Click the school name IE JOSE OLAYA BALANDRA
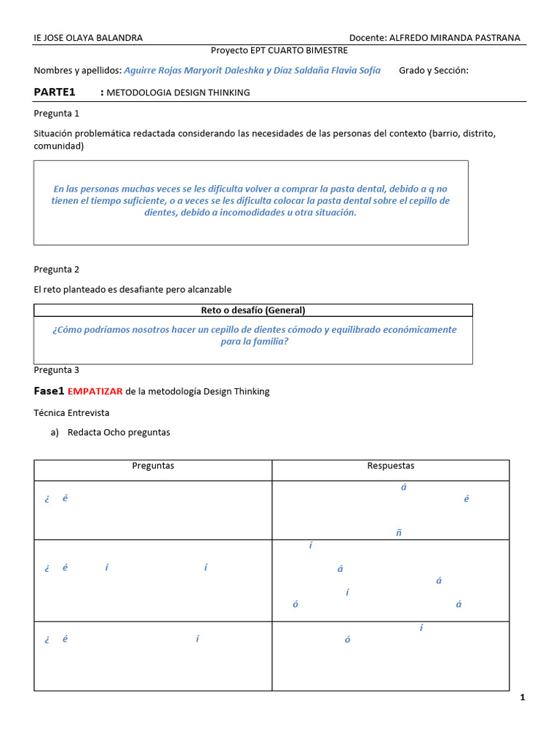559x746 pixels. click(88, 38)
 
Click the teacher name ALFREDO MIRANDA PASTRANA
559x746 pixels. click(455, 38)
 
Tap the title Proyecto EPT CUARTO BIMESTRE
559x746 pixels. click(279, 50)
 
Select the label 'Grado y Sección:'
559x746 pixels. click(434, 71)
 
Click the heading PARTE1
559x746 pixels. click(55, 92)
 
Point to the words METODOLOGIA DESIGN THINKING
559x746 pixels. click(178, 93)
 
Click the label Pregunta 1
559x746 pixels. click(57, 113)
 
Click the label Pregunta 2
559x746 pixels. click(57, 269)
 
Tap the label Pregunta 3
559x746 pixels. click(57, 369)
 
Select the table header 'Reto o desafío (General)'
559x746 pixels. click(253, 310)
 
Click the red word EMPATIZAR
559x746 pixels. click(95, 391)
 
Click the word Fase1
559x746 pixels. click(49, 391)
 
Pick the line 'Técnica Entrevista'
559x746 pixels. click(71, 412)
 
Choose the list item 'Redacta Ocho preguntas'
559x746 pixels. click(119, 432)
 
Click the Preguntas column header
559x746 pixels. click(153, 466)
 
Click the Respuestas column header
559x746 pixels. click(391, 466)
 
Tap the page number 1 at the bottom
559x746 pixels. click(522, 698)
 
